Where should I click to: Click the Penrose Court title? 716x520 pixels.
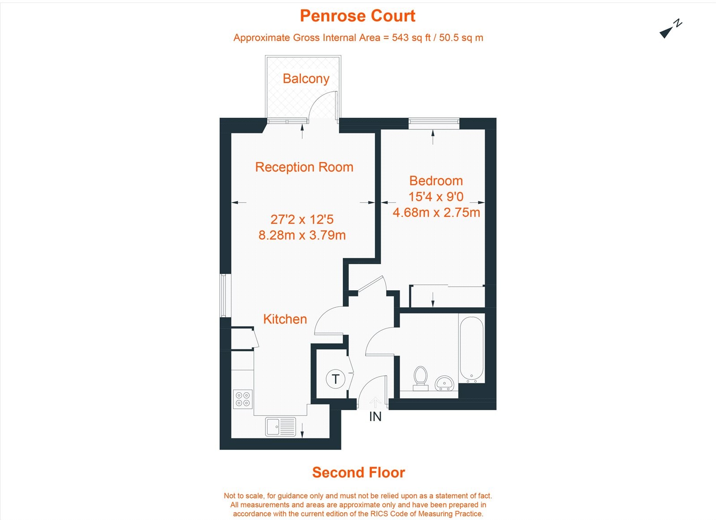tap(358, 16)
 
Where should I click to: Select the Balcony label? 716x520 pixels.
tap(306, 79)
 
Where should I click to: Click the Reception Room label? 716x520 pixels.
tap(304, 167)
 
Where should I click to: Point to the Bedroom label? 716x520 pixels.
tap(436, 181)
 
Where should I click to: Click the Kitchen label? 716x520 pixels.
tap(285, 319)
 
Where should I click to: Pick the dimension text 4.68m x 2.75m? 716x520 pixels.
tap(436, 212)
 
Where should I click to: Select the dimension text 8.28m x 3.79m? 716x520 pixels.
tap(302, 235)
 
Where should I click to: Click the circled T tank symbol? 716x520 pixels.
tap(335, 379)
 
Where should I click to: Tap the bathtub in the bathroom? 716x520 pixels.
tap(471, 348)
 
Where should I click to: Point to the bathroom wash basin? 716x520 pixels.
tap(444, 383)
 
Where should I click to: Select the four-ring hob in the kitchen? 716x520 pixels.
tap(243, 399)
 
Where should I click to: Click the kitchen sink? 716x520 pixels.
tap(281, 426)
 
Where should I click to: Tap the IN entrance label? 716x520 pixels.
tap(375, 417)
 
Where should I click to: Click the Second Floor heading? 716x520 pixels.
tap(358, 473)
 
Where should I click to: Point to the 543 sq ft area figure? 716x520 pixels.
tap(407, 38)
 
